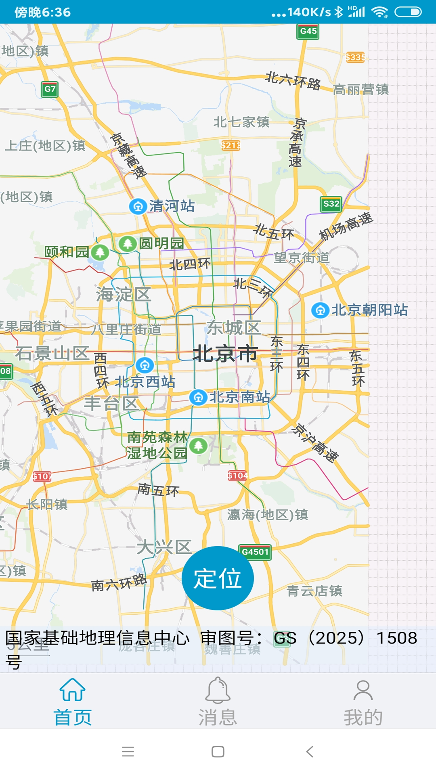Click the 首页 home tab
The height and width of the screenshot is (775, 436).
click(x=73, y=702)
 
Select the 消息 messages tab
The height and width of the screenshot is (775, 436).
click(x=218, y=702)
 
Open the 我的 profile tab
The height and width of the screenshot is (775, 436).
click(x=363, y=702)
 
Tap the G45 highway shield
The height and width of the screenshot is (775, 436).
click(x=308, y=31)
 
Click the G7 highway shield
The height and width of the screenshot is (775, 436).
click(x=50, y=89)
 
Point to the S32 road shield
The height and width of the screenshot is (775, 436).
click(x=331, y=204)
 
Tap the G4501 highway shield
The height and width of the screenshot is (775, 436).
click(x=255, y=552)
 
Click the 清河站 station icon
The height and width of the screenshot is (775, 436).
click(x=138, y=207)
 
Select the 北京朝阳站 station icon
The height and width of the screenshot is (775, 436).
click(x=321, y=310)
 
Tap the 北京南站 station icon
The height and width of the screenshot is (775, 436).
click(x=198, y=398)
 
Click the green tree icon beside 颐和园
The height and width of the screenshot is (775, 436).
click(x=100, y=253)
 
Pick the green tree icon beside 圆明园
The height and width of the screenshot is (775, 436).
click(x=128, y=243)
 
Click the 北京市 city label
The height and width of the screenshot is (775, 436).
click(x=225, y=354)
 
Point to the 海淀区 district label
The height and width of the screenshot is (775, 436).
click(x=124, y=294)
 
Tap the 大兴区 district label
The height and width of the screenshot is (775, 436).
click(x=164, y=548)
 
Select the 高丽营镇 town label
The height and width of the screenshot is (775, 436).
click(x=361, y=90)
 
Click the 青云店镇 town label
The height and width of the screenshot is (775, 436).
click(x=314, y=591)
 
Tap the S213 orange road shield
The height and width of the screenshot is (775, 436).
click(x=231, y=145)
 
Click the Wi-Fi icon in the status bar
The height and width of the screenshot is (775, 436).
click(x=379, y=12)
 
